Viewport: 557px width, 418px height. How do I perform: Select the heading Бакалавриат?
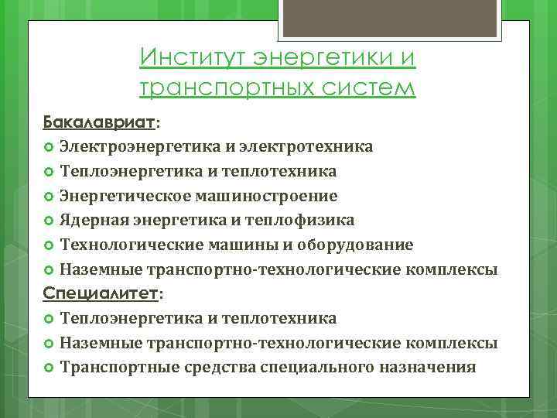pos(99,122)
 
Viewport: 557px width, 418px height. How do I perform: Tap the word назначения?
pos(426,367)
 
